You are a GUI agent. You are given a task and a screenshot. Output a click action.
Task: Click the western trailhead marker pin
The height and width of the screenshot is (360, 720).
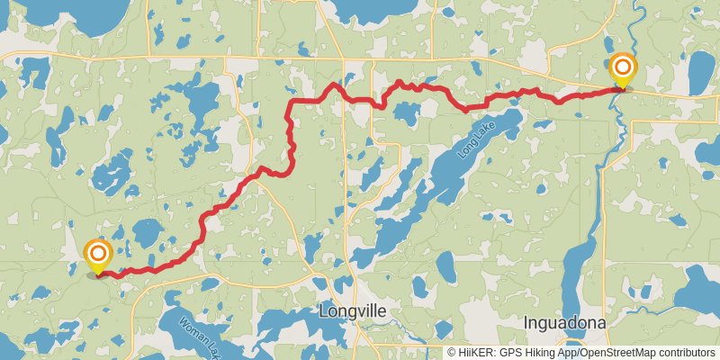(97, 256)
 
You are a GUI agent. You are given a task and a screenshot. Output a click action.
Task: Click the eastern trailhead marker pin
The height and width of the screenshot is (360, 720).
(622, 71)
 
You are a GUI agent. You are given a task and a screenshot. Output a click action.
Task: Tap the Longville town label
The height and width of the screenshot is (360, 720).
(353, 311)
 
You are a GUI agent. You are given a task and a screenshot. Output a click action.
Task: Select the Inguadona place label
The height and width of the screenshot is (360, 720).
(563, 321)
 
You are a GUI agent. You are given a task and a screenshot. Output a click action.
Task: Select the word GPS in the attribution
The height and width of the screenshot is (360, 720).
(515, 353)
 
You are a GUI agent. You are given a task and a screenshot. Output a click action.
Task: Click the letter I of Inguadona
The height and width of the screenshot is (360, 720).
(526, 321)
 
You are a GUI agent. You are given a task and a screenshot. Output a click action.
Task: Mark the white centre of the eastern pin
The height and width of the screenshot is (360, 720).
(622, 67)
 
